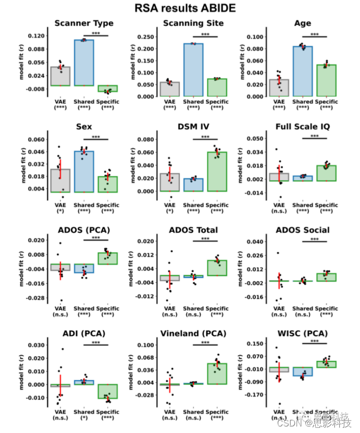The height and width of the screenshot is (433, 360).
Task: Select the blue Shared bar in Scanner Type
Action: (84, 63)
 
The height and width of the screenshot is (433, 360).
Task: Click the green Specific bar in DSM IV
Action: (217, 171)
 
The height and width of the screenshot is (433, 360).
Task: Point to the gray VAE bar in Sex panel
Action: (61, 180)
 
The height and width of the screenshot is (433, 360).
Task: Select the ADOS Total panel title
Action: (193, 230)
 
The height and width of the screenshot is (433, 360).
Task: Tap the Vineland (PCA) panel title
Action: (193, 333)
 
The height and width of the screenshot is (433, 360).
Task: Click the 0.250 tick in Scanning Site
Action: (147, 37)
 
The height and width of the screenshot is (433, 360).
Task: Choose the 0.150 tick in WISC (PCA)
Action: (256, 343)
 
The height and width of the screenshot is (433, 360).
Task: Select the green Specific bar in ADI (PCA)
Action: (108, 391)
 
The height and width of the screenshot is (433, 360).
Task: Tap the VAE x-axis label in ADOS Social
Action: (279, 309)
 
